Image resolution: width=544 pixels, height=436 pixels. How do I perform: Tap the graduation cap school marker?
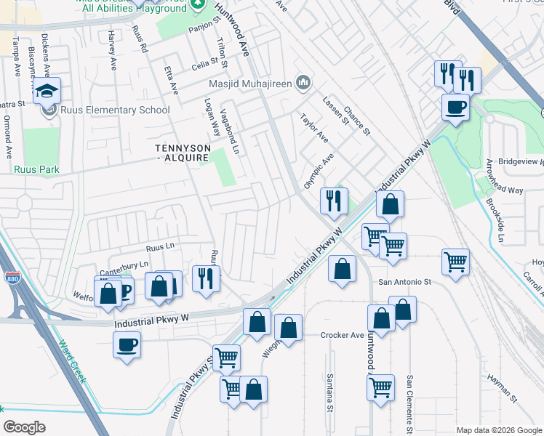[47, 92]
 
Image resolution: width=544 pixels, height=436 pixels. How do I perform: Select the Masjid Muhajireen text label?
[250, 84]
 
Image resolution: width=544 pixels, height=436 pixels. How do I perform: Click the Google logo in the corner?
[24, 427]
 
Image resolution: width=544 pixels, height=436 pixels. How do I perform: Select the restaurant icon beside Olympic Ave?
[334, 200]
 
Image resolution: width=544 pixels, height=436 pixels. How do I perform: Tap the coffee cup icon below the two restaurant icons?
[455, 108]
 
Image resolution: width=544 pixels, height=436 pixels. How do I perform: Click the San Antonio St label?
[404, 281]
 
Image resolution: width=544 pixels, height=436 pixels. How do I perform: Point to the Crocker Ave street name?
[342, 335]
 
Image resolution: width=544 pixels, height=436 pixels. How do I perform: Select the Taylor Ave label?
[314, 128]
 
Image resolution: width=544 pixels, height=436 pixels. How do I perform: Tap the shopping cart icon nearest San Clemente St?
[380, 387]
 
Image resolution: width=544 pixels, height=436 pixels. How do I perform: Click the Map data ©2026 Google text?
[498, 429]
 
